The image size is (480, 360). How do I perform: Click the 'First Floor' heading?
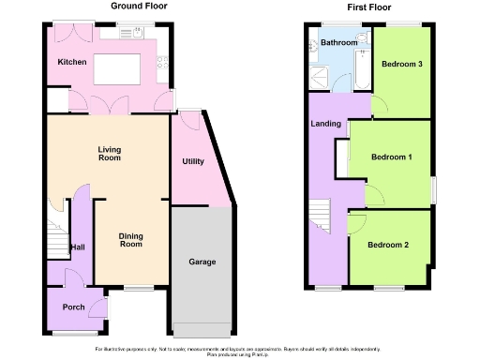point(367,6)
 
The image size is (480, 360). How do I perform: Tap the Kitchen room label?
point(72,62)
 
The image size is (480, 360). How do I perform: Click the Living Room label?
point(110,154)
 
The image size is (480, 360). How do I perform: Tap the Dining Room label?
point(132,240)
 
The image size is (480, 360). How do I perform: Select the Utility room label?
point(193,162)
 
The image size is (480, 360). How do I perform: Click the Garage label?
point(202,262)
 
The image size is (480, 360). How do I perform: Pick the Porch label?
point(73,307)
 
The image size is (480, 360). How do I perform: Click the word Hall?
point(78,247)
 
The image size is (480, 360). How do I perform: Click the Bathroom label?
point(338,43)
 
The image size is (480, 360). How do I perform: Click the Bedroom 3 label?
point(402,64)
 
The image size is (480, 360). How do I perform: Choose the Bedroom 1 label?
point(391,157)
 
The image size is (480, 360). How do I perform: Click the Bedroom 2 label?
point(389,246)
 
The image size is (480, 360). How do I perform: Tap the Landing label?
point(325,123)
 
